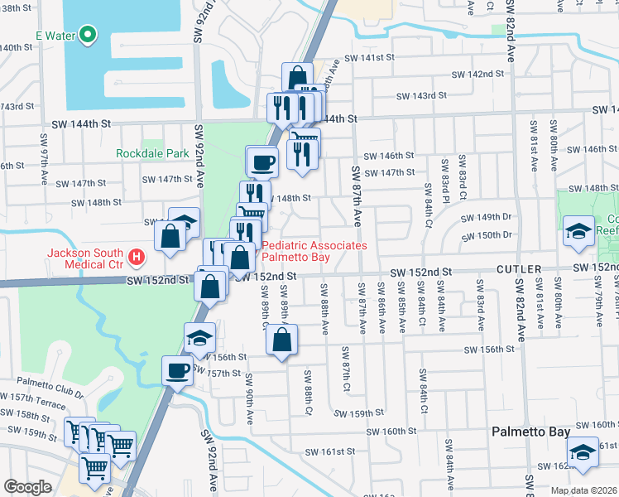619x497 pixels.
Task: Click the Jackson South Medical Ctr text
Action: [x=86, y=259]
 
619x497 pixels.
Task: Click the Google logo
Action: [x=28, y=487]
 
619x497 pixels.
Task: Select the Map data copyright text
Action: [x=581, y=490]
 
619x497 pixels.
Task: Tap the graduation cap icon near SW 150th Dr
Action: [x=578, y=232]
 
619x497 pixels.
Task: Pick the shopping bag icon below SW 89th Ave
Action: [x=282, y=339]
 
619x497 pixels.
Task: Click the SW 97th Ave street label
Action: [x=42, y=149]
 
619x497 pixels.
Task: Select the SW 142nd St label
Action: [x=468, y=75]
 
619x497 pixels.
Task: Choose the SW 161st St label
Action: [x=330, y=452]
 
